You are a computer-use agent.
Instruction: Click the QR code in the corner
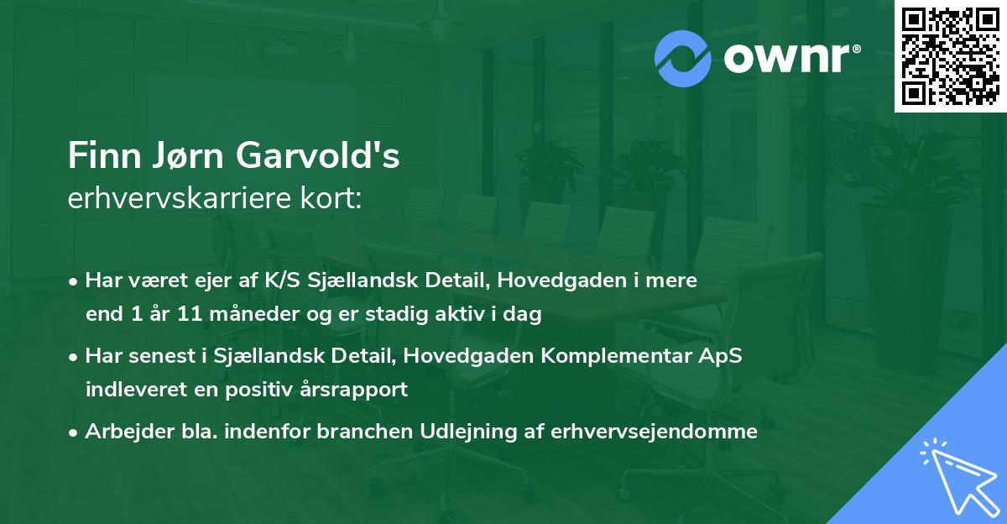tap(950, 55)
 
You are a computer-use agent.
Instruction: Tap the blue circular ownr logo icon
tap(682, 59)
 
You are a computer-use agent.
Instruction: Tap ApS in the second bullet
tap(720, 356)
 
